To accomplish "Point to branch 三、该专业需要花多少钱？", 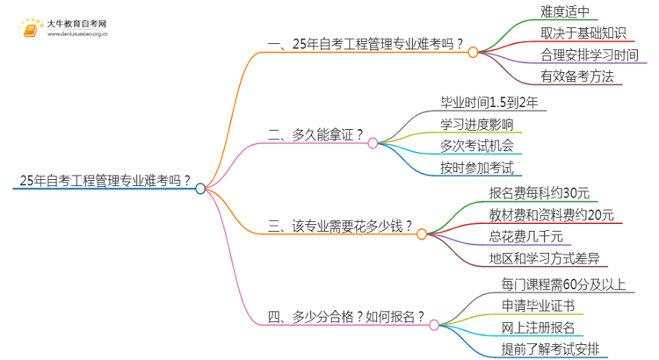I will (x=340, y=227).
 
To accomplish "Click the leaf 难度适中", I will (x=570, y=12).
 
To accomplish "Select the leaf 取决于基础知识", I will (x=583, y=33).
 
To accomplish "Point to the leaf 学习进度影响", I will (x=477, y=123).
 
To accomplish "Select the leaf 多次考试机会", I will (x=477, y=145).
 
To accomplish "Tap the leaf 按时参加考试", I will (x=477, y=167).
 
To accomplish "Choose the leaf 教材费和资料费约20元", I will (x=551, y=215).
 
